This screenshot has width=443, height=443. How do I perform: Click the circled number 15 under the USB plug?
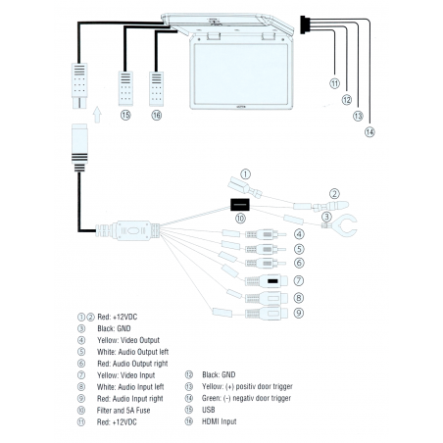[125, 115]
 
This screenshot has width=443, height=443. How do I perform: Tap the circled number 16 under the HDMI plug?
[157, 115]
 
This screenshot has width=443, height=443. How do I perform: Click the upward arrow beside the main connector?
[97, 115]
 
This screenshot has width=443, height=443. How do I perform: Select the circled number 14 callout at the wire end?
[369, 132]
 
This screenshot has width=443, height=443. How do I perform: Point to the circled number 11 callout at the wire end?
[334, 83]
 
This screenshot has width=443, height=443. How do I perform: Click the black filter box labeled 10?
[240, 205]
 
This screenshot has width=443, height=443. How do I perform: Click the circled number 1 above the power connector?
[245, 174]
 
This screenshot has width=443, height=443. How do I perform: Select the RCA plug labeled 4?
[266, 234]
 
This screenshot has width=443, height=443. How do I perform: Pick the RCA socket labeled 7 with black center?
[267, 281]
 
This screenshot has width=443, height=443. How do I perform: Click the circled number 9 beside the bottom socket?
[299, 313]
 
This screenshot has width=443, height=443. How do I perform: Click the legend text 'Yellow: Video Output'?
[128, 340]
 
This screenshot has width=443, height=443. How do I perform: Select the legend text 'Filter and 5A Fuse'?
[123, 411]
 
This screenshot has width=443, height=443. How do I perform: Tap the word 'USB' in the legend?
[209, 410]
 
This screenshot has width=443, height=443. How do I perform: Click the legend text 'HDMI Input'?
[219, 421]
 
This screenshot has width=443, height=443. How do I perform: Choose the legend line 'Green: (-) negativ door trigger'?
[246, 398]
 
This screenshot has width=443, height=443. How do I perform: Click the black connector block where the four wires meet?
[303, 25]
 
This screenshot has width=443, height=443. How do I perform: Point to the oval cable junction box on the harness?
[132, 230]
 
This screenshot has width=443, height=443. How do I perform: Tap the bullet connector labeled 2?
[330, 206]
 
